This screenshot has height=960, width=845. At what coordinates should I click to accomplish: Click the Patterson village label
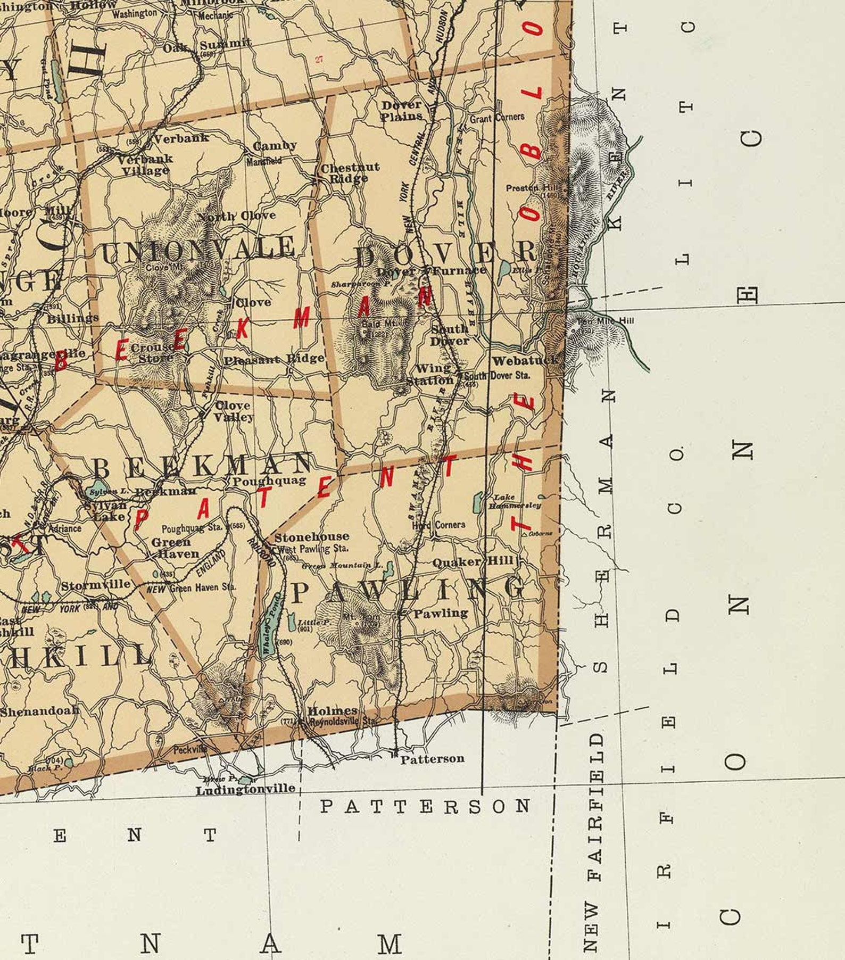[x=432, y=759]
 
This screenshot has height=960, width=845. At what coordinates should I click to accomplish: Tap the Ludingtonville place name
[x=245, y=790]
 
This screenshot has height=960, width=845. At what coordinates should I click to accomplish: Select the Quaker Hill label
[x=473, y=562]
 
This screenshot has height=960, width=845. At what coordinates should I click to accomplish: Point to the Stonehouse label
[x=312, y=537]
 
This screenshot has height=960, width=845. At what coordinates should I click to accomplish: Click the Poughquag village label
[x=269, y=481]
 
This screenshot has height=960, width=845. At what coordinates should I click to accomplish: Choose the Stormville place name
[x=96, y=585]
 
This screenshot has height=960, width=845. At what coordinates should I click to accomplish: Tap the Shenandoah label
[x=39, y=711]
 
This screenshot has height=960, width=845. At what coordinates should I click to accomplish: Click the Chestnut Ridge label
[x=350, y=173]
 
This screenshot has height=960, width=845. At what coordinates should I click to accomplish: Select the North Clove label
[x=237, y=216]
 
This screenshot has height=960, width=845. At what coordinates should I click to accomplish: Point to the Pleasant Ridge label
[x=274, y=359]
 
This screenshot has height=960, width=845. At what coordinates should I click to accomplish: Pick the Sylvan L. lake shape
[x=93, y=491]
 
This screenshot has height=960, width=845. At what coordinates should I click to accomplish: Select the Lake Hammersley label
[x=515, y=501]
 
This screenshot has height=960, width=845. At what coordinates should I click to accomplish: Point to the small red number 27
[x=319, y=60]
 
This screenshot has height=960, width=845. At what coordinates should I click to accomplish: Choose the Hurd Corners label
[x=438, y=525]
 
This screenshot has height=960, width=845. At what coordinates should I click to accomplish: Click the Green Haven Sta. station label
[x=203, y=588]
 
